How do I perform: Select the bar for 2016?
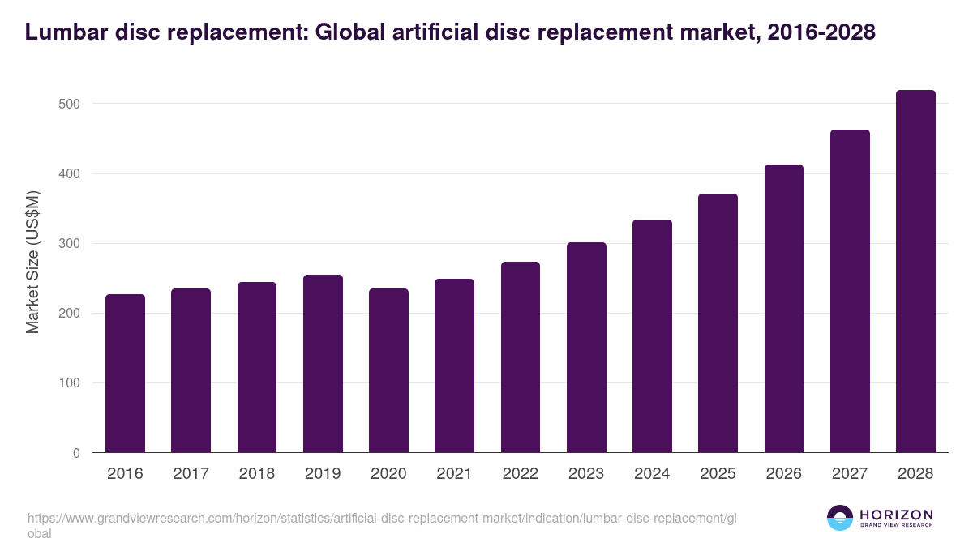125,374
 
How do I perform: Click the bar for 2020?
388,370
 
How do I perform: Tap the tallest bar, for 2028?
915,271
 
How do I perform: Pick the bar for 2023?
586,348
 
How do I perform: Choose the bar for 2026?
784,309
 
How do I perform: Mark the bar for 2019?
323,364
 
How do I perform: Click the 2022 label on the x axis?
520,474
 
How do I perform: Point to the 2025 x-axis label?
718,474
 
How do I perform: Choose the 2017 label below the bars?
191,474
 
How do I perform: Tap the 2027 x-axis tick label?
850,474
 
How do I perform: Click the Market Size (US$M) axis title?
32,261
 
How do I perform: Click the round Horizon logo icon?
840,519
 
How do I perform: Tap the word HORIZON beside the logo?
896,515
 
